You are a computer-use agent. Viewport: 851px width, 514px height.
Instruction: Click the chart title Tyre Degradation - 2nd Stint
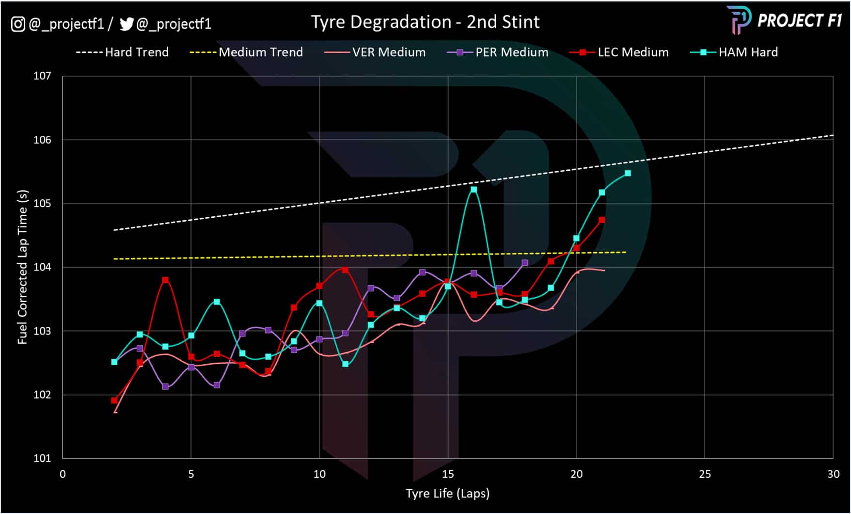pos(425,22)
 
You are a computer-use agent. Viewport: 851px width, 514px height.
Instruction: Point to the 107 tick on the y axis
pos(42,76)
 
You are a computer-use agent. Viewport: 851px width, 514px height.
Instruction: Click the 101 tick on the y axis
pos(42,458)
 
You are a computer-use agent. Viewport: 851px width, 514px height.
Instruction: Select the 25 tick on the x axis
pos(705,474)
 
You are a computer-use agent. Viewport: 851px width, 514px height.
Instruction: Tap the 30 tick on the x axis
pos(833,474)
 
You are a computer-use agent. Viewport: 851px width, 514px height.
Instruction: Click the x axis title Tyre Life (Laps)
pos(447,494)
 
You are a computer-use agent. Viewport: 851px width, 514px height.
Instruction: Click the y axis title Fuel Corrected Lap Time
pos(22,267)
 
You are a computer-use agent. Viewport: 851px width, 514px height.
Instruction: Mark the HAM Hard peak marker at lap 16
pos(473,190)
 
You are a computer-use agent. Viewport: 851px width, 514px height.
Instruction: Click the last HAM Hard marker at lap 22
pos(628,173)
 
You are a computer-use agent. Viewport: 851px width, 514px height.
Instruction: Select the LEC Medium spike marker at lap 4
pos(165,280)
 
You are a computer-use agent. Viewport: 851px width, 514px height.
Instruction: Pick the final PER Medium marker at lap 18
pos(525,263)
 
